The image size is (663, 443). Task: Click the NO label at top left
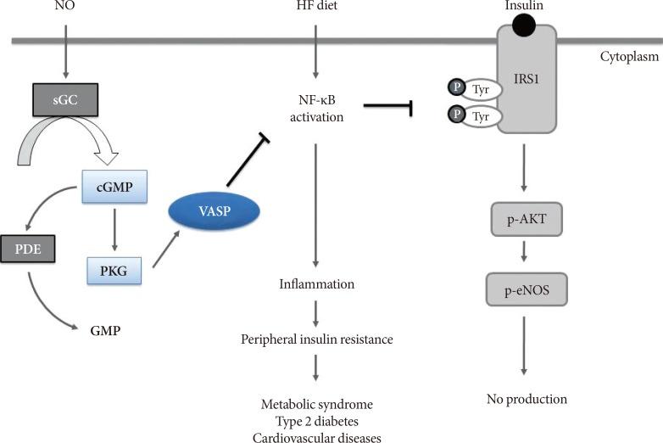[x=65, y=8]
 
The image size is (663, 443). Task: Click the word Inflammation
[x=316, y=283]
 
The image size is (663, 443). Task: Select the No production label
[x=526, y=399]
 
